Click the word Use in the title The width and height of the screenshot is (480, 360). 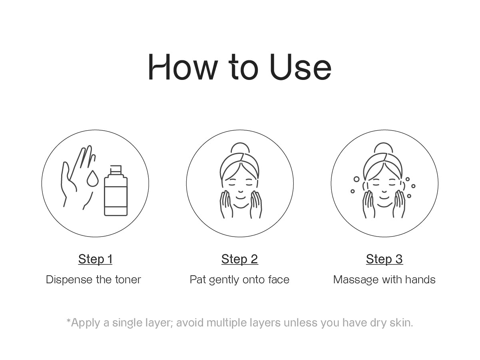(301, 67)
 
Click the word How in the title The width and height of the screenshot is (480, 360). (183, 67)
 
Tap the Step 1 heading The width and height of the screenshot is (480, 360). (95, 259)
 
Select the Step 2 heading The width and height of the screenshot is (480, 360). (240, 259)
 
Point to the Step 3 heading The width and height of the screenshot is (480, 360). (384, 259)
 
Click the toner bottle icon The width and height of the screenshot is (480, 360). (116, 190)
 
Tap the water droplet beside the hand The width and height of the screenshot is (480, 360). (92, 178)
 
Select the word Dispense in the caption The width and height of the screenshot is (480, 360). (69, 280)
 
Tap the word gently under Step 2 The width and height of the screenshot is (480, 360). (224, 280)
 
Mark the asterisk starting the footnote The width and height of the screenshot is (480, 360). (68, 321)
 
